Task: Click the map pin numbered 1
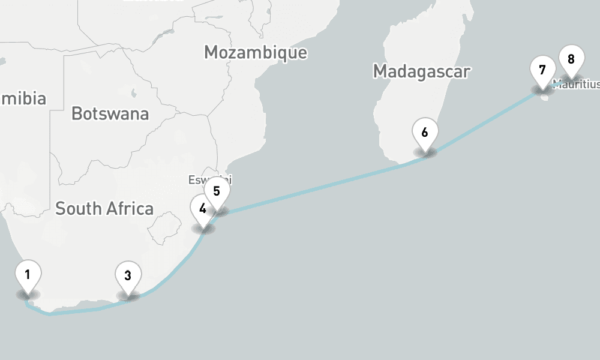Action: point(28,275)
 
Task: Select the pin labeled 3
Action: point(128,276)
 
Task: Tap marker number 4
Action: point(202,209)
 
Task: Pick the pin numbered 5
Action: point(217,191)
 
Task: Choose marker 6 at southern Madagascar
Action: point(425,132)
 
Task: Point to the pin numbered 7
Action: point(542,70)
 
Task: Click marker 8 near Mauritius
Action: point(571,59)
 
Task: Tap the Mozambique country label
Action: point(255,52)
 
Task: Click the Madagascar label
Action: point(421,71)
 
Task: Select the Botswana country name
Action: point(110,113)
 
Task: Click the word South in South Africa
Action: point(79,209)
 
